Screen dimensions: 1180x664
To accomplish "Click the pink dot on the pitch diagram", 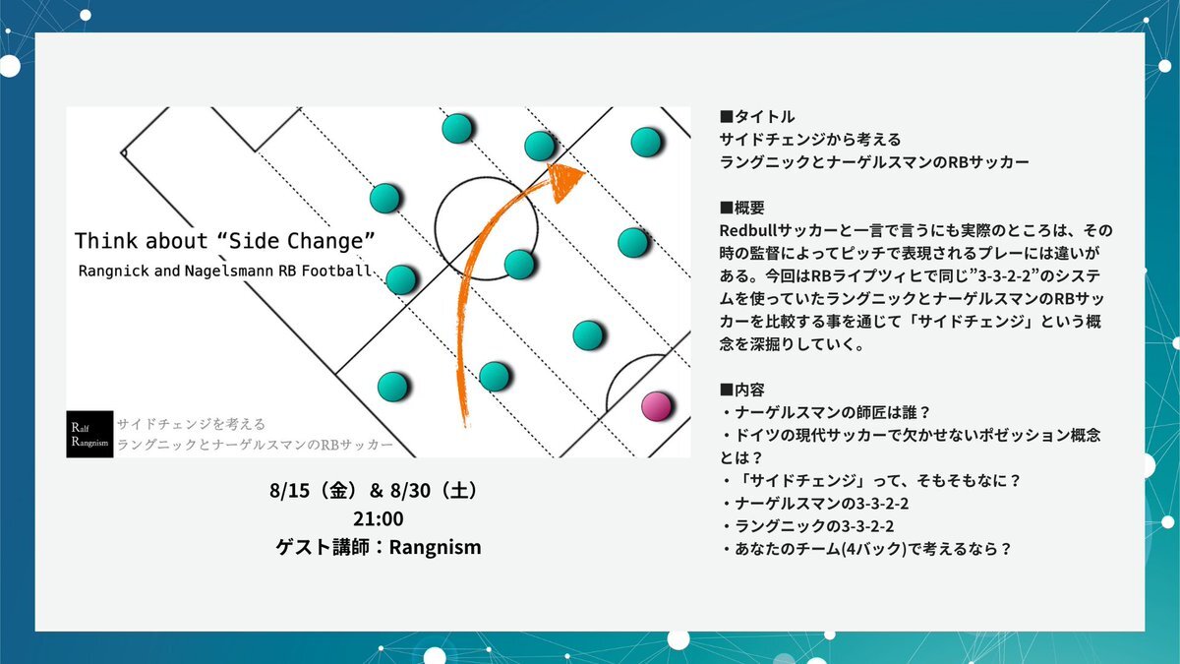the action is point(657,406).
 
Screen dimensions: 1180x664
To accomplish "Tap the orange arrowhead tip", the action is point(586,171).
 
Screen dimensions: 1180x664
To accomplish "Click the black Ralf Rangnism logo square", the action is point(89,434).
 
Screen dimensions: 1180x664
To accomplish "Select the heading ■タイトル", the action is point(757,116).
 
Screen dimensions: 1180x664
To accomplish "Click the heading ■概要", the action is point(741,208).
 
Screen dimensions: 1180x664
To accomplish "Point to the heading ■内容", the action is point(741,390).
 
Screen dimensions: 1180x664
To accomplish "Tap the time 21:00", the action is point(379,519).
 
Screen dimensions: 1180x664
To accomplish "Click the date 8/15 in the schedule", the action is point(289,491).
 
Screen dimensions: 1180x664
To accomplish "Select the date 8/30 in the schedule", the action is point(410,491).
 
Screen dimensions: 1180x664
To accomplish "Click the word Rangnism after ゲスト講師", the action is point(435,548).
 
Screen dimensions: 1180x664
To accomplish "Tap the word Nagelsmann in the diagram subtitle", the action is point(229,271).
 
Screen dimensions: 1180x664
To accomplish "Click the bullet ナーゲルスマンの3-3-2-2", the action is point(815,504).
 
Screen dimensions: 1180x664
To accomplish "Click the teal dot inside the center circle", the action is point(519,264).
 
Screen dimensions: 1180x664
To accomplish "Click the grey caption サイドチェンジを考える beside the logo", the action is point(191,424).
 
